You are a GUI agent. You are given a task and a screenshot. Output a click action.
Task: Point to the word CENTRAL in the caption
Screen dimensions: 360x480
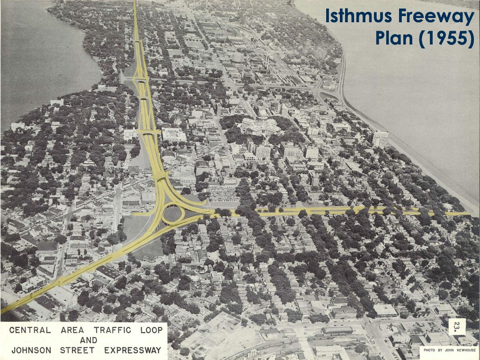(30, 330)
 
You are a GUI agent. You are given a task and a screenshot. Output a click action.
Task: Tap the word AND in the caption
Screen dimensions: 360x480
(89, 340)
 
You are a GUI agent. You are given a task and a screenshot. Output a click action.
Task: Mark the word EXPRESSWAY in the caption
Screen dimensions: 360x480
(133, 351)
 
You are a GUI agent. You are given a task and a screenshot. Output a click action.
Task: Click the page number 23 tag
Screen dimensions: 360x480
(457, 326)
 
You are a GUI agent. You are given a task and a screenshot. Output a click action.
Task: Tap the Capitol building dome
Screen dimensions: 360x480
(261, 114)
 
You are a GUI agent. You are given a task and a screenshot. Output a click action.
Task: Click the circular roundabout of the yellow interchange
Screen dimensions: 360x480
(173, 213)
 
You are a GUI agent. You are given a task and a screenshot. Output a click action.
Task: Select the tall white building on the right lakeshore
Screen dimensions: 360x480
(380, 138)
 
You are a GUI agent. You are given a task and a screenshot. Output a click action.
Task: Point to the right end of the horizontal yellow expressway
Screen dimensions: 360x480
(466, 214)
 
